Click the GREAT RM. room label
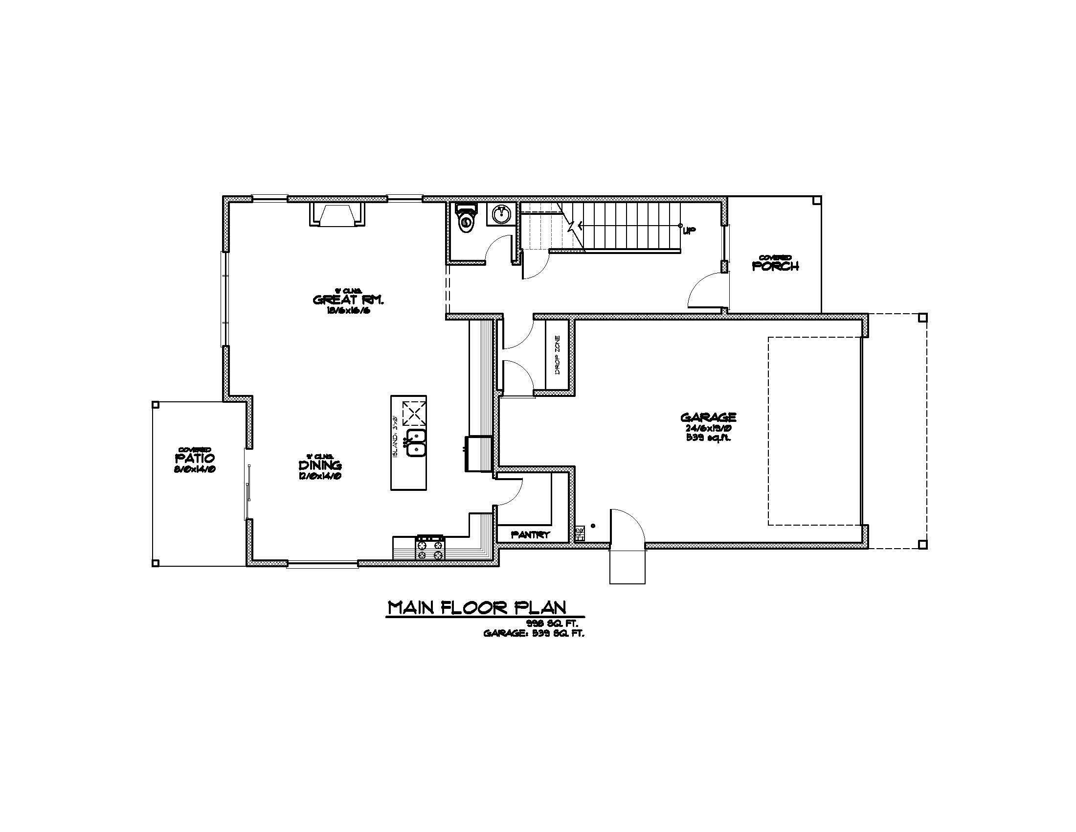(x=348, y=300)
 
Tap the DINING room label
(x=320, y=465)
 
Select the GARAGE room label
(x=708, y=417)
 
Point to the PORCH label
(x=775, y=266)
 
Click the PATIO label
(x=195, y=458)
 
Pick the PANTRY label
(x=530, y=534)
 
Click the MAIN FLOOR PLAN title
(x=477, y=607)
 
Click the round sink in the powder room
(x=501, y=214)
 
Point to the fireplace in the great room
(x=337, y=214)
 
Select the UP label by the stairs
(x=690, y=230)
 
